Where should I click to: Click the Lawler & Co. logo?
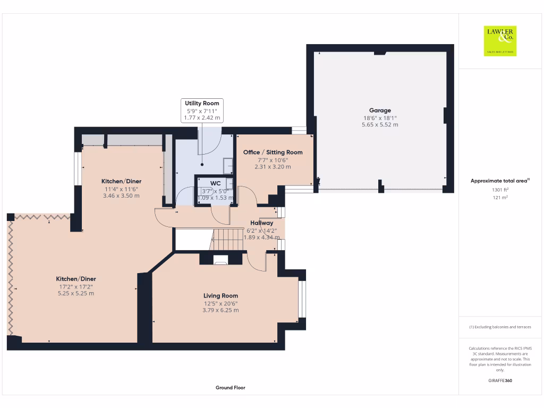click(500, 41)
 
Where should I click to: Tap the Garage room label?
click(380, 110)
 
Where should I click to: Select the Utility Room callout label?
click(201, 103)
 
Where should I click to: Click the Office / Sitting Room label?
click(273, 152)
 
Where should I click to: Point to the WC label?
click(215, 183)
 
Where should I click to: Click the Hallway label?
click(262, 223)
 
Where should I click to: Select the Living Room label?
click(220, 296)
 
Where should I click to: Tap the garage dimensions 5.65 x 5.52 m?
click(380, 125)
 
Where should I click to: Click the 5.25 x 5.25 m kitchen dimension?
click(76, 293)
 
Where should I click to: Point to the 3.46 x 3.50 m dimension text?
click(121, 195)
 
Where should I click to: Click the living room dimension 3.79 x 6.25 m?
click(220, 310)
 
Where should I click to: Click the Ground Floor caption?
click(231, 388)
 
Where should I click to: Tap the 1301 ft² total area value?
click(500, 190)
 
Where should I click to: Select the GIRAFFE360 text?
click(500, 380)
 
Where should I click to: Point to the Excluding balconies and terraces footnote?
click(500, 327)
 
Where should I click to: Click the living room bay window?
click(302, 299)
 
